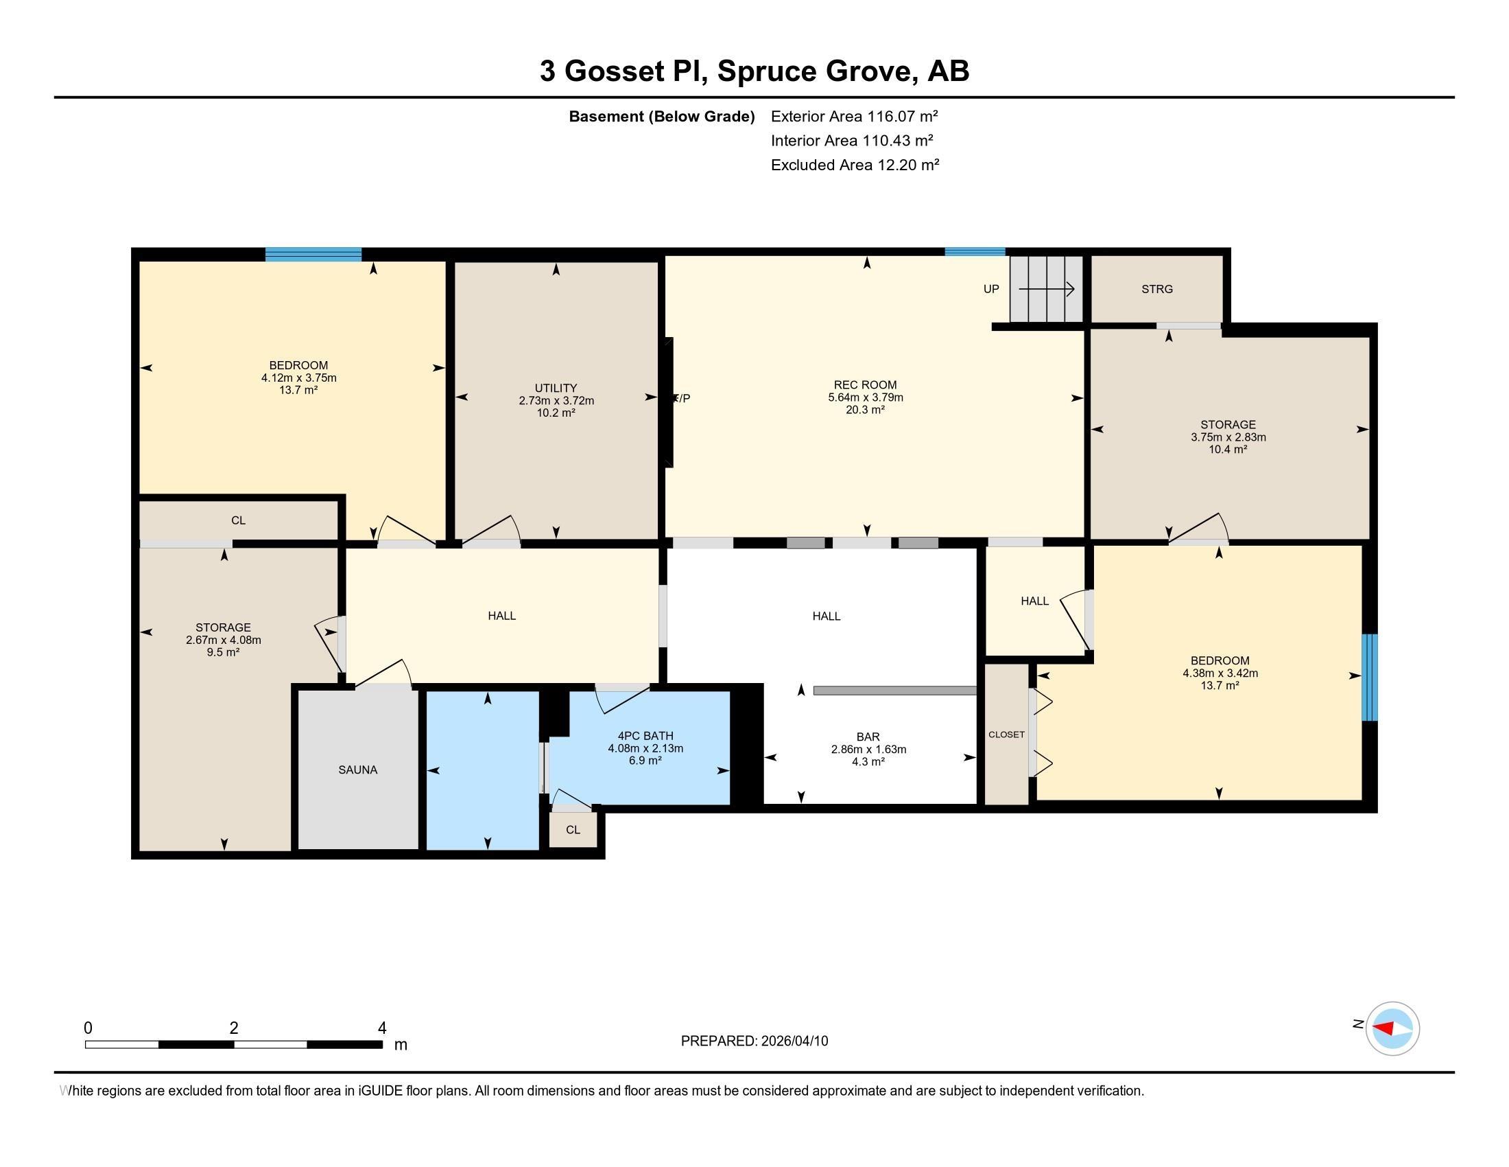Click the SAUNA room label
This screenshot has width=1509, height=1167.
coord(357,770)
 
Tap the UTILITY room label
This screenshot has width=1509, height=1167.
coord(556,388)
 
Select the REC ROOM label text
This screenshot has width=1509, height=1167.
coord(865,385)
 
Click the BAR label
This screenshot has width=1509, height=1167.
coord(868,737)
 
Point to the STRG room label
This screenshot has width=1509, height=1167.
coord(1156,289)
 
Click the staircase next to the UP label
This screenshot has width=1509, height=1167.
coord(1046,289)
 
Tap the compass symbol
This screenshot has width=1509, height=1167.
coord(1392,1028)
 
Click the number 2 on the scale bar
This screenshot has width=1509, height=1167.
coord(233,1028)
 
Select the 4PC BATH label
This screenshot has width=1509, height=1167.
coord(645,737)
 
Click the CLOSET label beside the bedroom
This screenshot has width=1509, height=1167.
coord(1006,735)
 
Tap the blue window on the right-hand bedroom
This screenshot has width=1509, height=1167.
coord(1370,678)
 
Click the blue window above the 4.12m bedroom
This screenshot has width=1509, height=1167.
coord(313,255)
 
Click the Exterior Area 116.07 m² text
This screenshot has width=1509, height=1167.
coord(854,116)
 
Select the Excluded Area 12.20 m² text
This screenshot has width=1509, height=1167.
coord(855,165)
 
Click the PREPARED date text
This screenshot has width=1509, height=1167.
coord(754,1041)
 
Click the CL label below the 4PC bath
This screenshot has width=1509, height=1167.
coord(573,830)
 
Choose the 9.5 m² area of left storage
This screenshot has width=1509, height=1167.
coord(222,652)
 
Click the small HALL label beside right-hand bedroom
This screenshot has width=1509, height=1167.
coord(1034,601)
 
